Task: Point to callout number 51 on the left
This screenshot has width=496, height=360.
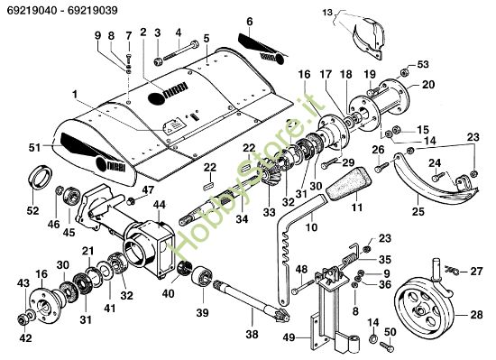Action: [34, 147]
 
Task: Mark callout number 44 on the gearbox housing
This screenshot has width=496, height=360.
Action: [159, 206]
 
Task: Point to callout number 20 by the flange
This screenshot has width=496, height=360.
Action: [427, 86]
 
